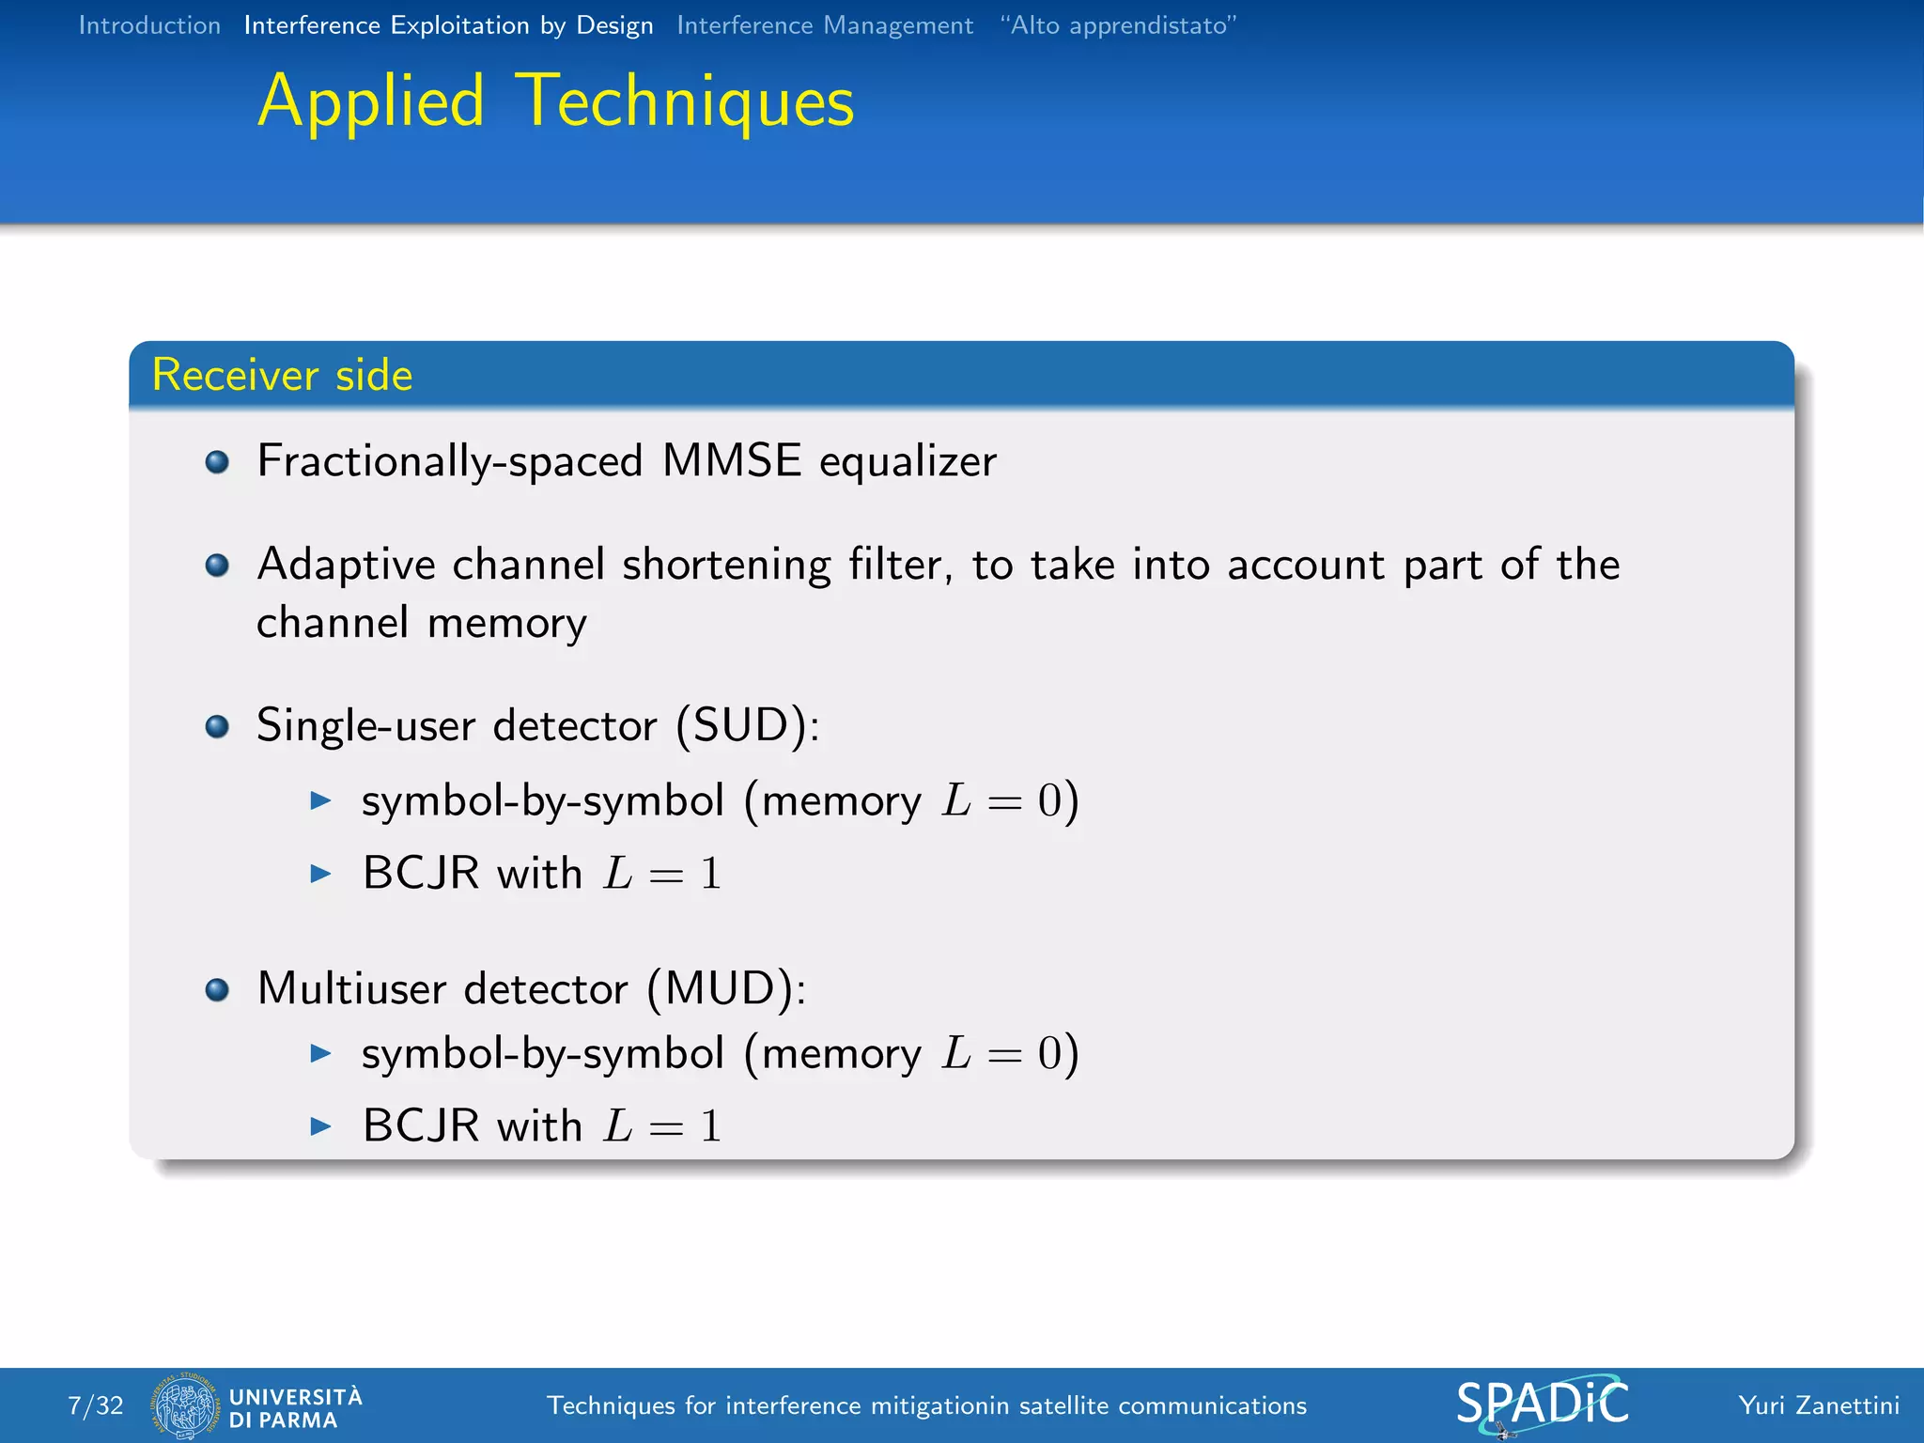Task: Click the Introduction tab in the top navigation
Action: [149, 25]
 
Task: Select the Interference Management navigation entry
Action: [824, 25]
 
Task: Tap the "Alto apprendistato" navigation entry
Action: [1118, 25]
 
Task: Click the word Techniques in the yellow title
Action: [686, 101]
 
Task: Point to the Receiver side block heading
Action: [282, 375]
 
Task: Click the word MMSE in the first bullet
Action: [731, 461]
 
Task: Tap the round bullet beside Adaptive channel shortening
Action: [217, 565]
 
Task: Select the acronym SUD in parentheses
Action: [748, 725]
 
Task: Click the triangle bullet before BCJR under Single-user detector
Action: [321, 874]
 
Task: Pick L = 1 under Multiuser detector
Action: [662, 1125]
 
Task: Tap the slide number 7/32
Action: [96, 1405]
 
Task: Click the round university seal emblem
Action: [184, 1405]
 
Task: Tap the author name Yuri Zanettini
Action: [1818, 1405]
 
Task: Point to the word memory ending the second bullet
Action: [506, 624]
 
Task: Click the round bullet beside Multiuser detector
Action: [217, 989]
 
